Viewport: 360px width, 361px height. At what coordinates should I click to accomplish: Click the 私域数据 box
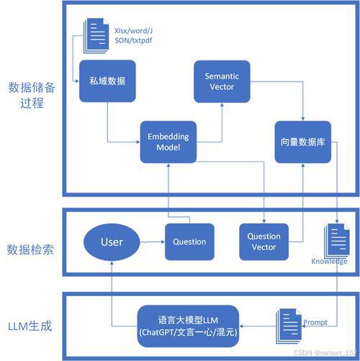click(108, 80)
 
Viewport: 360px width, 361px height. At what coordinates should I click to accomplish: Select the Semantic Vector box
click(222, 81)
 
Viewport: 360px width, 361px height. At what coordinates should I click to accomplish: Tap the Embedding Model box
click(168, 142)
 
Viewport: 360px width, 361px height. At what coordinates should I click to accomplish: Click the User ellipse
click(112, 242)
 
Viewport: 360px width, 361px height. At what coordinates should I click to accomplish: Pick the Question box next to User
click(189, 242)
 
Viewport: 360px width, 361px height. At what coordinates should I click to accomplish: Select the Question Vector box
click(264, 242)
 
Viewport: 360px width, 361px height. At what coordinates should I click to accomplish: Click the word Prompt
click(315, 322)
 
